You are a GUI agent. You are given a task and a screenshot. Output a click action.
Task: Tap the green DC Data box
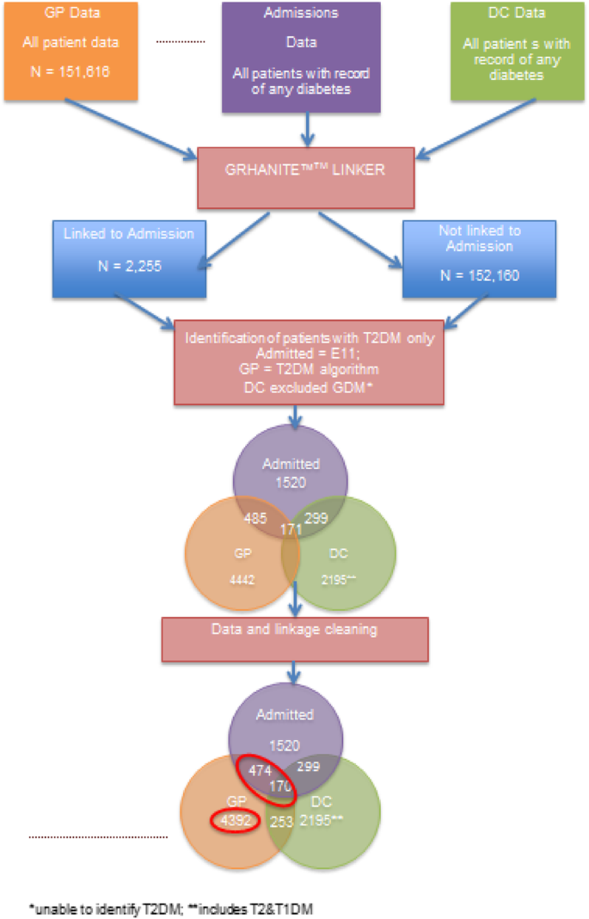[x=512, y=47]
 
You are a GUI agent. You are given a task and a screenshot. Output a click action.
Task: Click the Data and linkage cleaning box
[x=294, y=630]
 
